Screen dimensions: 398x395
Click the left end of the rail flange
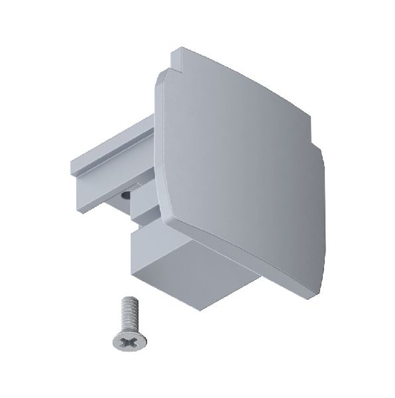[71, 169]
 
